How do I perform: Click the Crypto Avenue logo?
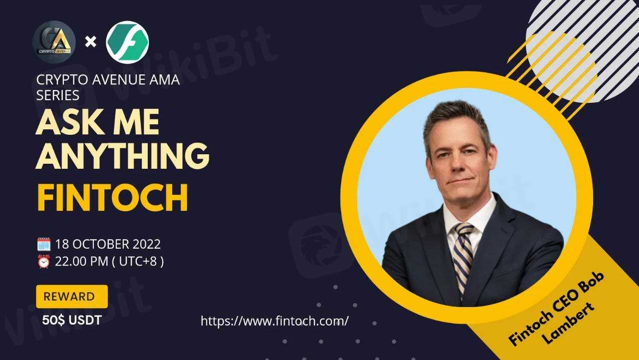click(x=54, y=42)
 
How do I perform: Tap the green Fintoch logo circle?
click(x=127, y=42)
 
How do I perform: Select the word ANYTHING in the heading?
click(x=123, y=156)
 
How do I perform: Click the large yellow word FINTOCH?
click(x=112, y=198)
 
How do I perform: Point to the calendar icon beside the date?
click(x=44, y=245)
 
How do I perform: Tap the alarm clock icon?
click(x=44, y=261)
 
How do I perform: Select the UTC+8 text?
click(x=138, y=261)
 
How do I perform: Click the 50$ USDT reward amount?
click(x=72, y=320)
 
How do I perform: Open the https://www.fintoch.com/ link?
click(x=275, y=321)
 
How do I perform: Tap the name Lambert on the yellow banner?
click(x=568, y=324)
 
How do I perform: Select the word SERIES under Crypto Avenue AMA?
click(x=57, y=95)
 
